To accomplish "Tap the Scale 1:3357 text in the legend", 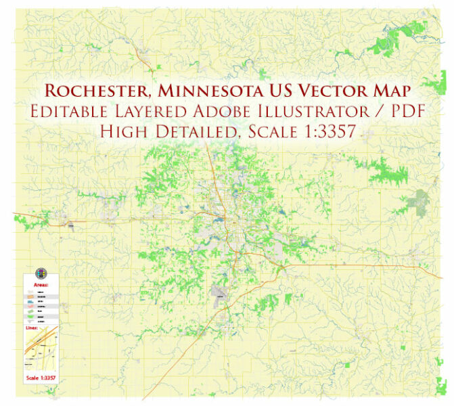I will coord(41,377).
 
